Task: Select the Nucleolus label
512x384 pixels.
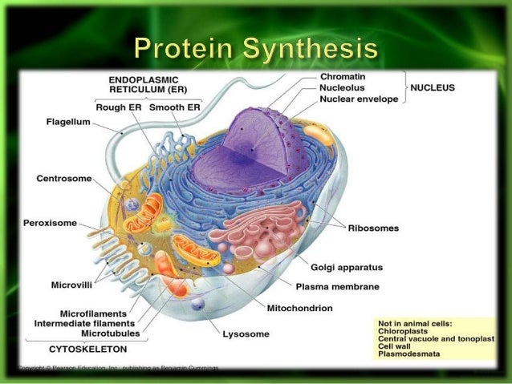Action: coord(343,88)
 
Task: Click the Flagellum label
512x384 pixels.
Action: coord(68,123)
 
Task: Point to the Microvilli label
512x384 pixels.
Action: coord(74,283)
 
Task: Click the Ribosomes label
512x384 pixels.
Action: coord(373,228)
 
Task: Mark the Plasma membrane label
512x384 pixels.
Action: coord(338,285)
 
